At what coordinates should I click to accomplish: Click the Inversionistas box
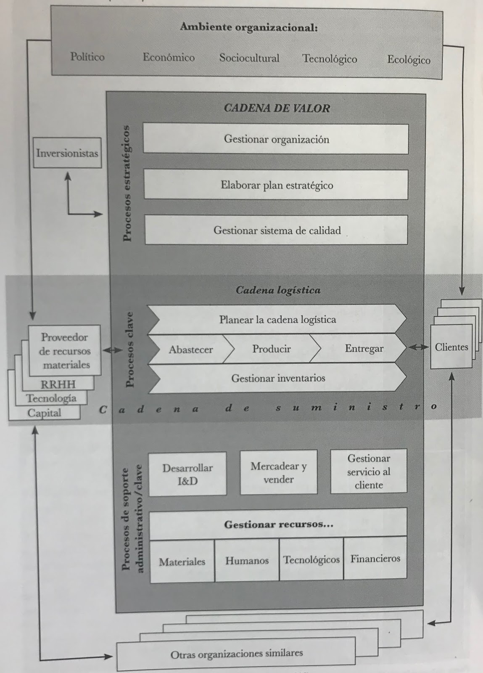67,153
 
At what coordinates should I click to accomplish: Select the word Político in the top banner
87,57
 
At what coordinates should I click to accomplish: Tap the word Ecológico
409,60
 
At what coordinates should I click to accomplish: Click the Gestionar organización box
276,139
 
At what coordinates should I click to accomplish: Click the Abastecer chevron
190,349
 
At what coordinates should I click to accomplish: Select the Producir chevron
272,349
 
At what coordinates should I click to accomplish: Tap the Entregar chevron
364,348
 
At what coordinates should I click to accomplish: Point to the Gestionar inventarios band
278,378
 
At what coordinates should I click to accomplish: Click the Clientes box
451,347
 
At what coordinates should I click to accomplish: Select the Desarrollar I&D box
187,474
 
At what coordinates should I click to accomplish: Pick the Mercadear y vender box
279,472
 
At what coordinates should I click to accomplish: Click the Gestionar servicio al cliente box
369,471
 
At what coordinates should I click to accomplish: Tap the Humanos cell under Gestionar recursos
247,561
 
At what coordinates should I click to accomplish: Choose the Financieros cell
375,559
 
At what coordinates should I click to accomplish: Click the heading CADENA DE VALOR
277,108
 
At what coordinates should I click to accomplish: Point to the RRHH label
58,384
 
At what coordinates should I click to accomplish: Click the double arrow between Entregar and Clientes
418,347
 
